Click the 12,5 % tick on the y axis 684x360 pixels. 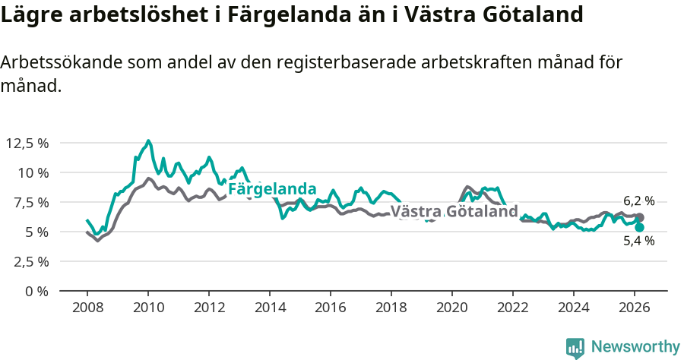tap(27, 143)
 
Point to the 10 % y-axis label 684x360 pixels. tap(33, 172)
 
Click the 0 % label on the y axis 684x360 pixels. tap(37, 291)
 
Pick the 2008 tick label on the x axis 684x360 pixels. tap(87, 307)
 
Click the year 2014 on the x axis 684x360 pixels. tap(270, 307)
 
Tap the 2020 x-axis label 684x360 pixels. tap(452, 307)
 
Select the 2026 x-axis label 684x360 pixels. tap(635, 307)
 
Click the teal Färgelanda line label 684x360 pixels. tap(272, 188)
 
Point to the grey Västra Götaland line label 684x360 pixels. tap(454, 211)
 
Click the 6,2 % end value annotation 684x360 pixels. tap(638, 201)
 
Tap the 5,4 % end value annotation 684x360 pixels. tap(638, 241)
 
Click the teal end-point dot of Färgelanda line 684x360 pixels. tap(639, 227)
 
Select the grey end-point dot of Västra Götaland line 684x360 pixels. tap(639, 218)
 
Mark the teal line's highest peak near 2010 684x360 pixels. tap(148, 141)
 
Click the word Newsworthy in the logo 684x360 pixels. tap(635, 347)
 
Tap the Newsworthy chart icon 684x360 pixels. tap(575, 348)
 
